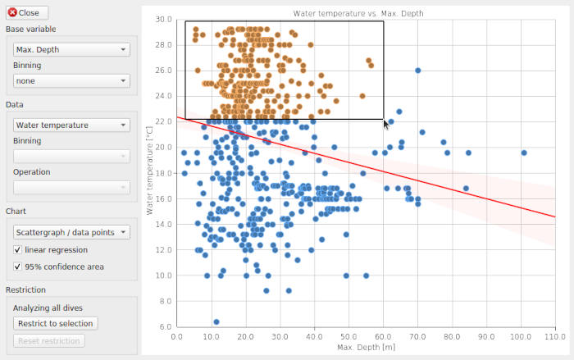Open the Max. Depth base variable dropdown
71,49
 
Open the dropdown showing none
71,80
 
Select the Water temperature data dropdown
71,125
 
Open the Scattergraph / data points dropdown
71,232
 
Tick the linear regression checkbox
18,249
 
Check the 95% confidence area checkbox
18,267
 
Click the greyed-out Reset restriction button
48,340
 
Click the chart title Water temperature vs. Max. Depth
358,13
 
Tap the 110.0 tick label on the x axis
555,336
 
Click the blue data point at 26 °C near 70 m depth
417,71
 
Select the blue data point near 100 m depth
523,153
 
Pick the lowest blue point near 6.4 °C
216,321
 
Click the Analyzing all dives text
50,308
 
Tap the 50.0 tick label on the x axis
348,336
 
